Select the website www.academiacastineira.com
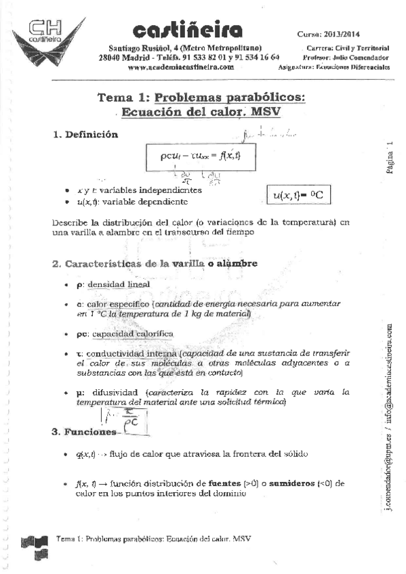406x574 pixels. (180, 68)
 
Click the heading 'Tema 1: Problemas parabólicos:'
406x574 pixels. (201, 97)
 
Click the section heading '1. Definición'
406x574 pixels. (85, 135)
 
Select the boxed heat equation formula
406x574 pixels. (201, 156)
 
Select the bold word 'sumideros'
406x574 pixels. (284, 484)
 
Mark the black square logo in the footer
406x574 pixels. (35, 541)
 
